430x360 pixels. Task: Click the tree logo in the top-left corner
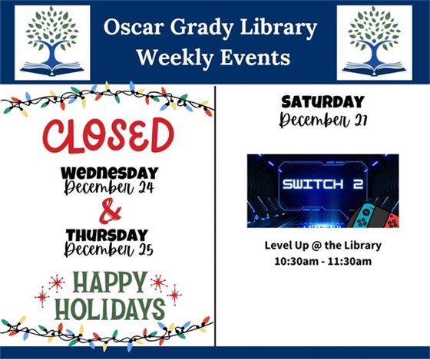point(51,42)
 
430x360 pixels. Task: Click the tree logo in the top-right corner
point(374,42)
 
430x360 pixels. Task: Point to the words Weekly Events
point(210,57)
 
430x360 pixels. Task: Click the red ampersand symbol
point(111,209)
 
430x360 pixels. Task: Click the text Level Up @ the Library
point(322,246)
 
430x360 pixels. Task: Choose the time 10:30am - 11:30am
point(322,261)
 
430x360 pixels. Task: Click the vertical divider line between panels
point(216,215)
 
